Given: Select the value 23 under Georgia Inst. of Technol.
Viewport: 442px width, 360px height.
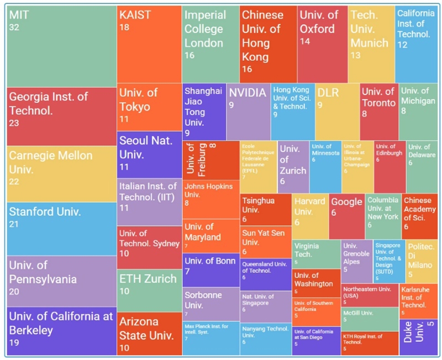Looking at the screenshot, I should [x=14, y=123].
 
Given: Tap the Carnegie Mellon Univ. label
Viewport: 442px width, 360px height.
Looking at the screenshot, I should [x=50, y=162].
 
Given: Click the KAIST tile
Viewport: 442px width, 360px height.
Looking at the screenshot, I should [x=149, y=44].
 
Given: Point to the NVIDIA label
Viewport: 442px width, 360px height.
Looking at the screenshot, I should [x=247, y=93].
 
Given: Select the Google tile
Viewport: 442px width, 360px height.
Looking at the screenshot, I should [x=346, y=215].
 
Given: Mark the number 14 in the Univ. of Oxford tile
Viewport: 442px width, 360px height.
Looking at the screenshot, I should [x=305, y=42].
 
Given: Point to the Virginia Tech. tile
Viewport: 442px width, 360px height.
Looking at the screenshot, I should [x=315, y=253].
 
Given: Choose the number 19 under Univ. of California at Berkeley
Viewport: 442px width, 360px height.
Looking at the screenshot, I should [x=14, y=343].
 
